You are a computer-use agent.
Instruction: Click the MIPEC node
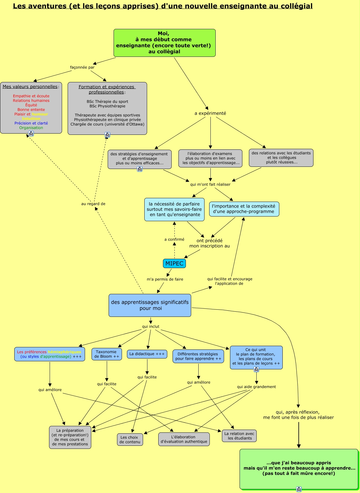174,263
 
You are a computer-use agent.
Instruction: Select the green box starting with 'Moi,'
164,43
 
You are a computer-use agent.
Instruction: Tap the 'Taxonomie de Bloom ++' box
106,354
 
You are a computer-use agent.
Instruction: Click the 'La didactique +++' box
147,354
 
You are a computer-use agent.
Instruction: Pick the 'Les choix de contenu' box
130,440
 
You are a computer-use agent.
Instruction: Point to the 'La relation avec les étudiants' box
239,436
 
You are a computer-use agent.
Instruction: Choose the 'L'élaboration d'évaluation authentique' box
184,439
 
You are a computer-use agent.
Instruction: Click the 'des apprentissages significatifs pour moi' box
150,305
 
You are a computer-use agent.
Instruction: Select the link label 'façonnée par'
82,67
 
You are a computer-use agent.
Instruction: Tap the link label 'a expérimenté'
210,113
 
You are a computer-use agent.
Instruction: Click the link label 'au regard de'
93,204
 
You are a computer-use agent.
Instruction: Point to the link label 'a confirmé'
174,240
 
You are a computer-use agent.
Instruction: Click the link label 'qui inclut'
151,326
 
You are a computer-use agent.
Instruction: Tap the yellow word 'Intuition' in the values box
31,119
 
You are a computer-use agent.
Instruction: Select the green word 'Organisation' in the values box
31,128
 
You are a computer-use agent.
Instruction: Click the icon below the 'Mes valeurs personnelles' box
31,134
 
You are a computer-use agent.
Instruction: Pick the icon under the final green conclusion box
299,489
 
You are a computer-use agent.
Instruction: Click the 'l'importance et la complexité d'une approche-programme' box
244,209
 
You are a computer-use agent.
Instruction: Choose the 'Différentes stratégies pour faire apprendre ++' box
198,356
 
